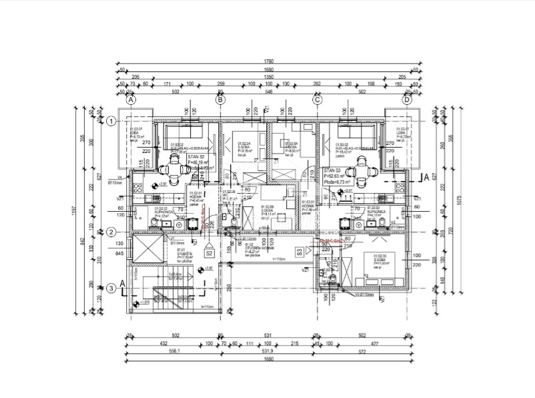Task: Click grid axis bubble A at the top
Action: pyautogui.click(x=131, y=99)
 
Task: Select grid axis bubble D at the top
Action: pyautogui.click(x=407, y=99)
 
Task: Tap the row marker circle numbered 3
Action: pyautogui.click(x=111, y=288)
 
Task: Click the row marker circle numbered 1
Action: pyautogui.click(x=111, y=121)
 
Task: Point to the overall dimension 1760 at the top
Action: pyautogui.click(x=269, y=61)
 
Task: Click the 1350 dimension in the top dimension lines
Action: pyautogui.click(x=269, y=77)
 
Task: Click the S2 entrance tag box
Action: pyautogui.click(x=209, y=254)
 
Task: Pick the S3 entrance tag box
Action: pyautogui.click(x=300, y=252)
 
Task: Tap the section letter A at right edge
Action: pyautogui.click(x=426, y=178)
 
